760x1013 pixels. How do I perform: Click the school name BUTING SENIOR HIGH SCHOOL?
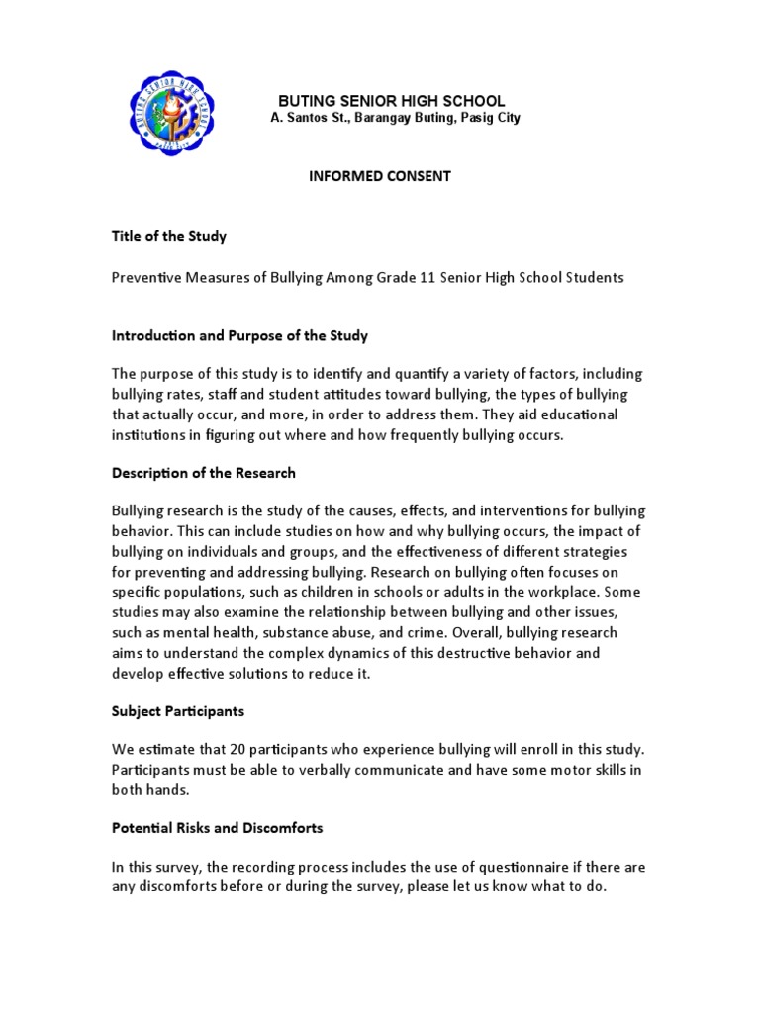click(x=391, y=101)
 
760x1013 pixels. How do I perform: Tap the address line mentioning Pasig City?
click(x=396, y=119)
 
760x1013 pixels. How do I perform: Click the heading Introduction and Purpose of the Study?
click(x=238, y=335)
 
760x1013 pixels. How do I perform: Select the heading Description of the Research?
click(x=203, y=473)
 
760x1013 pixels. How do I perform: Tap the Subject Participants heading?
click(x=177, y=710)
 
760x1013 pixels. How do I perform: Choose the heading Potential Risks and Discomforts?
click(x=217, y=827)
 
